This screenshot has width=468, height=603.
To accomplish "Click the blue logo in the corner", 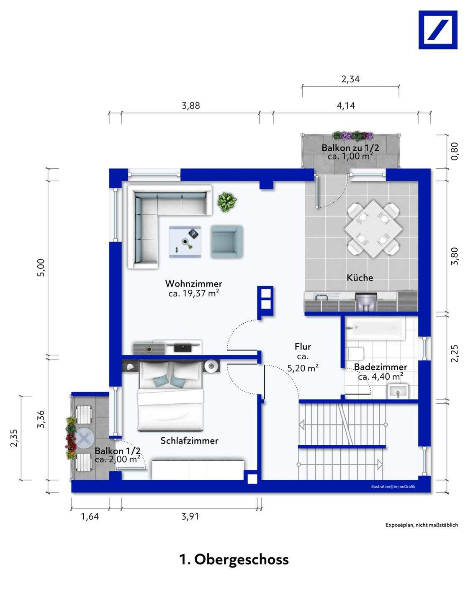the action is [x=437, y=30].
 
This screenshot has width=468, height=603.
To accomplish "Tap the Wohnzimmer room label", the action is [x=194, y=283].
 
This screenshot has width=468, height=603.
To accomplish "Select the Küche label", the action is [x=360, y=278].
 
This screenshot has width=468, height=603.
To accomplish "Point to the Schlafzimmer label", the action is [x=190, y=441].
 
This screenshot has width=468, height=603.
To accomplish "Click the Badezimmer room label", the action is [x=381, y=367].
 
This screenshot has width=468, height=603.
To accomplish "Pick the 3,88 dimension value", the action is [x=190, y=106].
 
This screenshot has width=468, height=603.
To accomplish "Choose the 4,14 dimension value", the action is [x=346, y=106].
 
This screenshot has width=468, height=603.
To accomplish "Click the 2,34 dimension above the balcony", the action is [x=350, y=80].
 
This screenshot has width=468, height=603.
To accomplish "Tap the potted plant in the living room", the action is [x=227, y=202].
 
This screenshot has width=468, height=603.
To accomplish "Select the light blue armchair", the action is [x=226, y=242].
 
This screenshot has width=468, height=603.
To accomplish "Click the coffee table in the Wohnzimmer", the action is [x=185, y=242].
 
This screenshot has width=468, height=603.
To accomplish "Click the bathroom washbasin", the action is [x=399, y=392].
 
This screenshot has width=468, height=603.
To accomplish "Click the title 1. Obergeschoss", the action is [x=234, y=559].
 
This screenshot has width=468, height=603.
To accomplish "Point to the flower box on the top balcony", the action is [x=353, y=136].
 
